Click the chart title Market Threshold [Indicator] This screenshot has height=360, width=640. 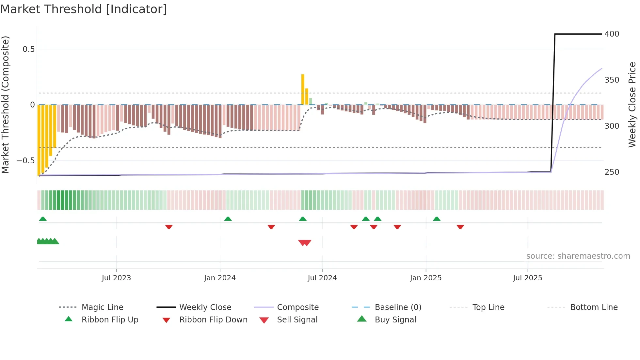tap(84, 9)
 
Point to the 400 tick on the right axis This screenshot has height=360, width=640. tap(612, 34)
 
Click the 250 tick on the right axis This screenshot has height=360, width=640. tap(612, 172)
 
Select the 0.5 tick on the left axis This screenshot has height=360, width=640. tap(28, 49)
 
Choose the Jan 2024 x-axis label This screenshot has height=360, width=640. tap(220, 278)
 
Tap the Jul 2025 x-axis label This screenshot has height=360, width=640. tap(527, 278)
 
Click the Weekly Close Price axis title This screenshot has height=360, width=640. tap(632, 105)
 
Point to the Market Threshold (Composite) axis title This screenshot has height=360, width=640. tap(5, 105)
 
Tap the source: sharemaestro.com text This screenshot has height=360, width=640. tap(578, 256)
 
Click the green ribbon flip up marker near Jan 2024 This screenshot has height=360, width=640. tap(228, 219)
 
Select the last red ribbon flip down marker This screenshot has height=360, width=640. tap(460, 227)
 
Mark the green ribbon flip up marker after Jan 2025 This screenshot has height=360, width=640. tap(437, 219)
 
